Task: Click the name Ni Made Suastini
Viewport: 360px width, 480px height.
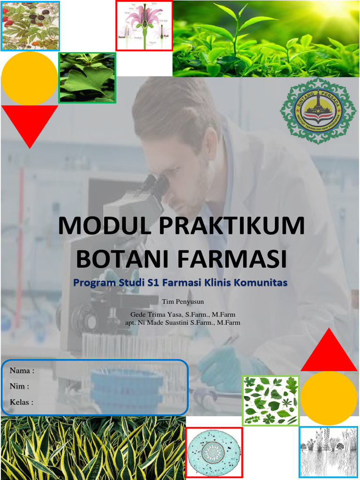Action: (165, 322)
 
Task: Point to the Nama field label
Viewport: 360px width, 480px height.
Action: (22, 371)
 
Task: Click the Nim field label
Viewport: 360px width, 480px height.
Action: (19, 386)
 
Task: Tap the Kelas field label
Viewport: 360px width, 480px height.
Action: (22, 402)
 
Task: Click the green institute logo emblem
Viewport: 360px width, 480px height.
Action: (318, 111)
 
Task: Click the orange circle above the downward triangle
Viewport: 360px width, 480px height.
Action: (29, 78)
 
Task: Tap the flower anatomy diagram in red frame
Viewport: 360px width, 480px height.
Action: (144, 25)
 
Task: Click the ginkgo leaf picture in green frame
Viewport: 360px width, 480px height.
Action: (87, 77)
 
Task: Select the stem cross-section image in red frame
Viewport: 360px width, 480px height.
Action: (214, 453)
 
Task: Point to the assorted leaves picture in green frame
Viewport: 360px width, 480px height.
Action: (270, 400)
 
